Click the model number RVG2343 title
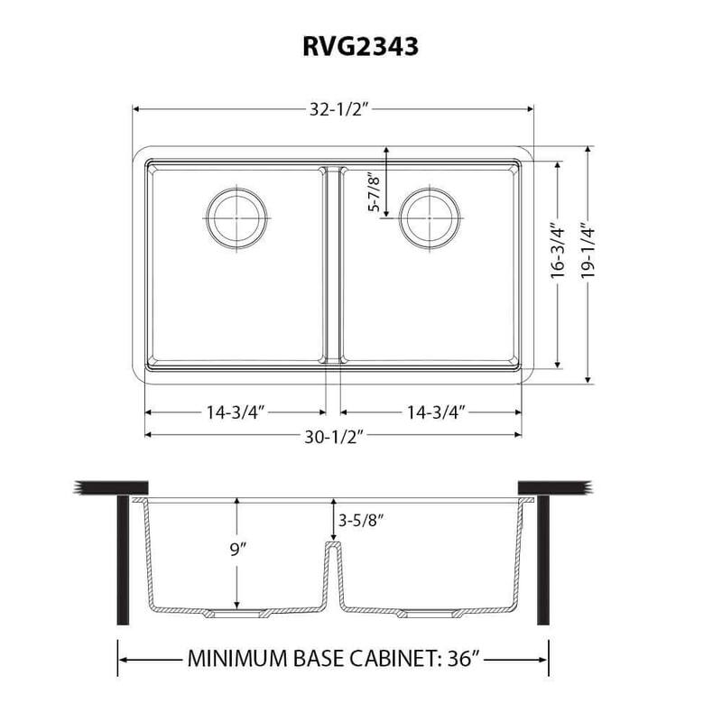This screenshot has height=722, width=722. click(360, 47)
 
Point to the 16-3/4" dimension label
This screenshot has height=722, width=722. click(560, 266)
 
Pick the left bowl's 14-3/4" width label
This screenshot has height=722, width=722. click(233, 412)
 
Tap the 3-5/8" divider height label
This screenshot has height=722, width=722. click(358, 521)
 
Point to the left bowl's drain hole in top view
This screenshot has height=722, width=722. click(237, 217)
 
